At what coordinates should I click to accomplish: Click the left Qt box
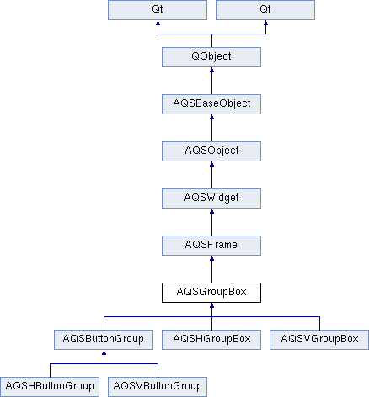tap(158, 10)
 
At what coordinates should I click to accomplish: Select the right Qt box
tap(265, 10)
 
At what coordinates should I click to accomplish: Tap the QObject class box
tap(211, 57)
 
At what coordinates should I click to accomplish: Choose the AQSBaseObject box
tap(211, 104)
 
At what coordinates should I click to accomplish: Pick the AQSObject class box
tap(211, 151)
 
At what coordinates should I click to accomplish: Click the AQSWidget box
tap(211, 198)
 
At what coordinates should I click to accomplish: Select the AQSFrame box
tap(211, 246)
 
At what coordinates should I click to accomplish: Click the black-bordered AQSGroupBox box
tap(211, 293)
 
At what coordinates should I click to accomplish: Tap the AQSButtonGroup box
tap(104, 340)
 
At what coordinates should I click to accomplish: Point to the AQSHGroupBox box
tap(211, 340)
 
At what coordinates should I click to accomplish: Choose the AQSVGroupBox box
tap(319, 340)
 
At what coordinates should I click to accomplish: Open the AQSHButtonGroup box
tap(50, 387)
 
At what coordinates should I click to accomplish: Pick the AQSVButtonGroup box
tap(158, 387)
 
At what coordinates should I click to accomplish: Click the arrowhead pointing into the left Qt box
tap(158, 23)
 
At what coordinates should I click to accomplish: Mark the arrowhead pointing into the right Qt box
tap(265, 23)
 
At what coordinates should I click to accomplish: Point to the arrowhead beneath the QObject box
tap(211, 70)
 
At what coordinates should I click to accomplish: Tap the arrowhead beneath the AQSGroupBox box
tap(211, 305)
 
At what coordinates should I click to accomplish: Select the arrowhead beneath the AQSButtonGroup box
tap(104, 352)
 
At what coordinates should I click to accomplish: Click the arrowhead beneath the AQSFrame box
tap(211, 258)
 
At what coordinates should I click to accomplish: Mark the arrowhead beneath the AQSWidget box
tap(211, 211)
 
